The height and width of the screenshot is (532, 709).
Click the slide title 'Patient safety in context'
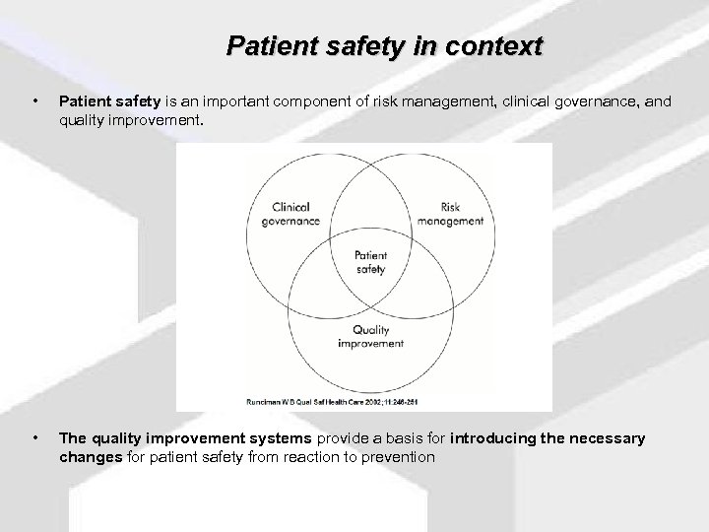(x=384, y=46)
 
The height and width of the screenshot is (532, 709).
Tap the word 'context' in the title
(x=500, y=46)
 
